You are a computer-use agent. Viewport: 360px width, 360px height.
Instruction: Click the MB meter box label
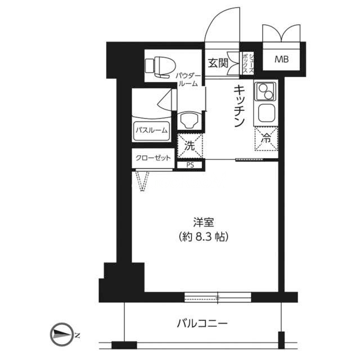click(281, 60)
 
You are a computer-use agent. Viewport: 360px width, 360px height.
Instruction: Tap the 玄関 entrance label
click(218, 63)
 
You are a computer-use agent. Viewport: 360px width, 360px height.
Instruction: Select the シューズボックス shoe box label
click(248, 63)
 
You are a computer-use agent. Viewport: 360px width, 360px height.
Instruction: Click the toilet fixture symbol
click(160, 66)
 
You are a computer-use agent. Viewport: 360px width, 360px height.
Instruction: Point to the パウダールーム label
click(188, 79)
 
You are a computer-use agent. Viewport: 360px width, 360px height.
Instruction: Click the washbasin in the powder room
click(190, 120)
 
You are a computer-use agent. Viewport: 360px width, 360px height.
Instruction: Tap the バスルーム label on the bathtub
click(151, 130)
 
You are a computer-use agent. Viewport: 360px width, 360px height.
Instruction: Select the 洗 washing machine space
click(190, 146)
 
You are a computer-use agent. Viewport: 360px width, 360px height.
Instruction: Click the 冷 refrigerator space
click(266, 139)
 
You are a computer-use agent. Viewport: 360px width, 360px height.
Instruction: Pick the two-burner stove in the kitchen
click(265, 92)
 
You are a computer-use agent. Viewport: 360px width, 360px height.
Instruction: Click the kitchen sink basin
click(266, 114)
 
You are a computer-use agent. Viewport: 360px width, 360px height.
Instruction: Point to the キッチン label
click(238, 106)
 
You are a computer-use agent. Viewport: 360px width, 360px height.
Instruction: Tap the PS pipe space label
click(190, 165)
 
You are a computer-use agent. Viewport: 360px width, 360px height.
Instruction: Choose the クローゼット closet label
click(153, 158)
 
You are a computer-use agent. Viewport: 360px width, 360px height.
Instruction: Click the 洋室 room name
click(204, 222)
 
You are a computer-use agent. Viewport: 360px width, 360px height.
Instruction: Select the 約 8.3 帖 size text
click(204, 236)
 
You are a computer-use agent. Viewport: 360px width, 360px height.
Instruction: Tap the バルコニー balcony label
click(202, 323)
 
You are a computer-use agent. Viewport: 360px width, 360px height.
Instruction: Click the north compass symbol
click(60, 335)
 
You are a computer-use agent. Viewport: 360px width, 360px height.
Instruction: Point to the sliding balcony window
click(218, 297)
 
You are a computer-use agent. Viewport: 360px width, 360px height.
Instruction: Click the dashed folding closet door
click(143, 180)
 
